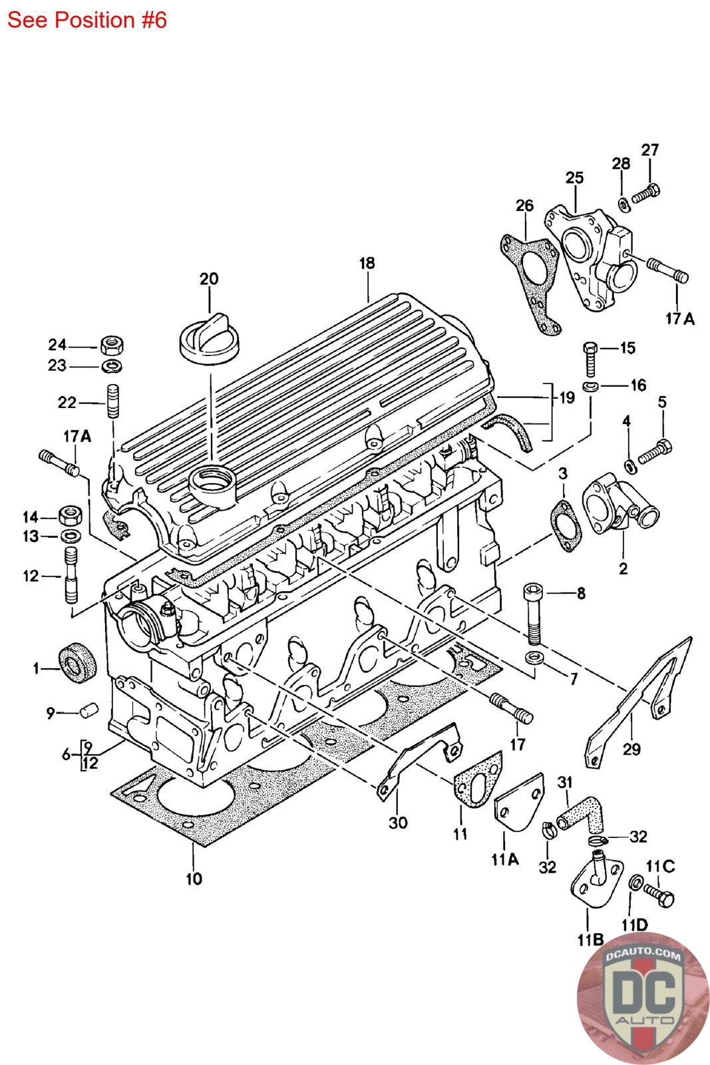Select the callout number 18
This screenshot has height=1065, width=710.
tap(367, 263)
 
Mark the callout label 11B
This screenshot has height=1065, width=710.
tap(590, 939)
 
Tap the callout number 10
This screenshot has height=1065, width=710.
tap(193, 879)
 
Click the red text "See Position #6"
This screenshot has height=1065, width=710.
tap(87, 20)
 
